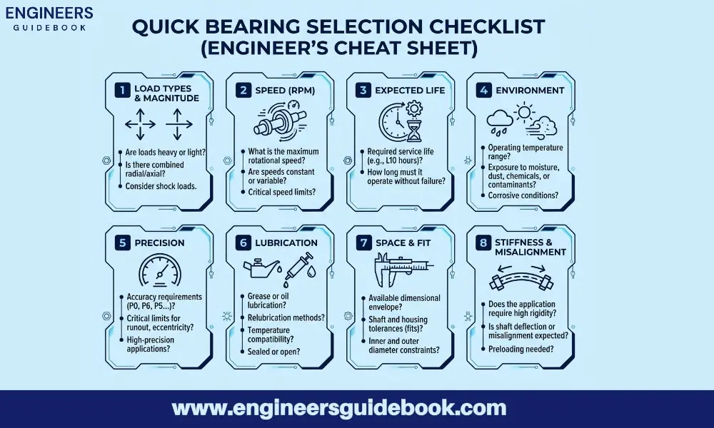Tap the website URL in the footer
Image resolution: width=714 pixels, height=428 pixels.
coord(339,409)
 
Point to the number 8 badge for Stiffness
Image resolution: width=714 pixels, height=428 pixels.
coord(485,243)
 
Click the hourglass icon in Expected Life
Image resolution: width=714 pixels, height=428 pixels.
coord(413,130)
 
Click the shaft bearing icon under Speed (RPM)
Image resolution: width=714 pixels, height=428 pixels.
coord(280,126)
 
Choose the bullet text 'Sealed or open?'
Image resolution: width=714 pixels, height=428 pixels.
coord(273,351)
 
